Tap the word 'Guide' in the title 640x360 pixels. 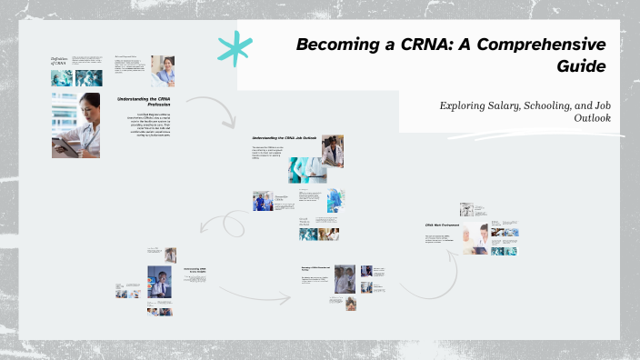[582, 65]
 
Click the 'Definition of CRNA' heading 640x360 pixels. [60, 61]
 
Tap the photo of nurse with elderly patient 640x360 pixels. [476, 238]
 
